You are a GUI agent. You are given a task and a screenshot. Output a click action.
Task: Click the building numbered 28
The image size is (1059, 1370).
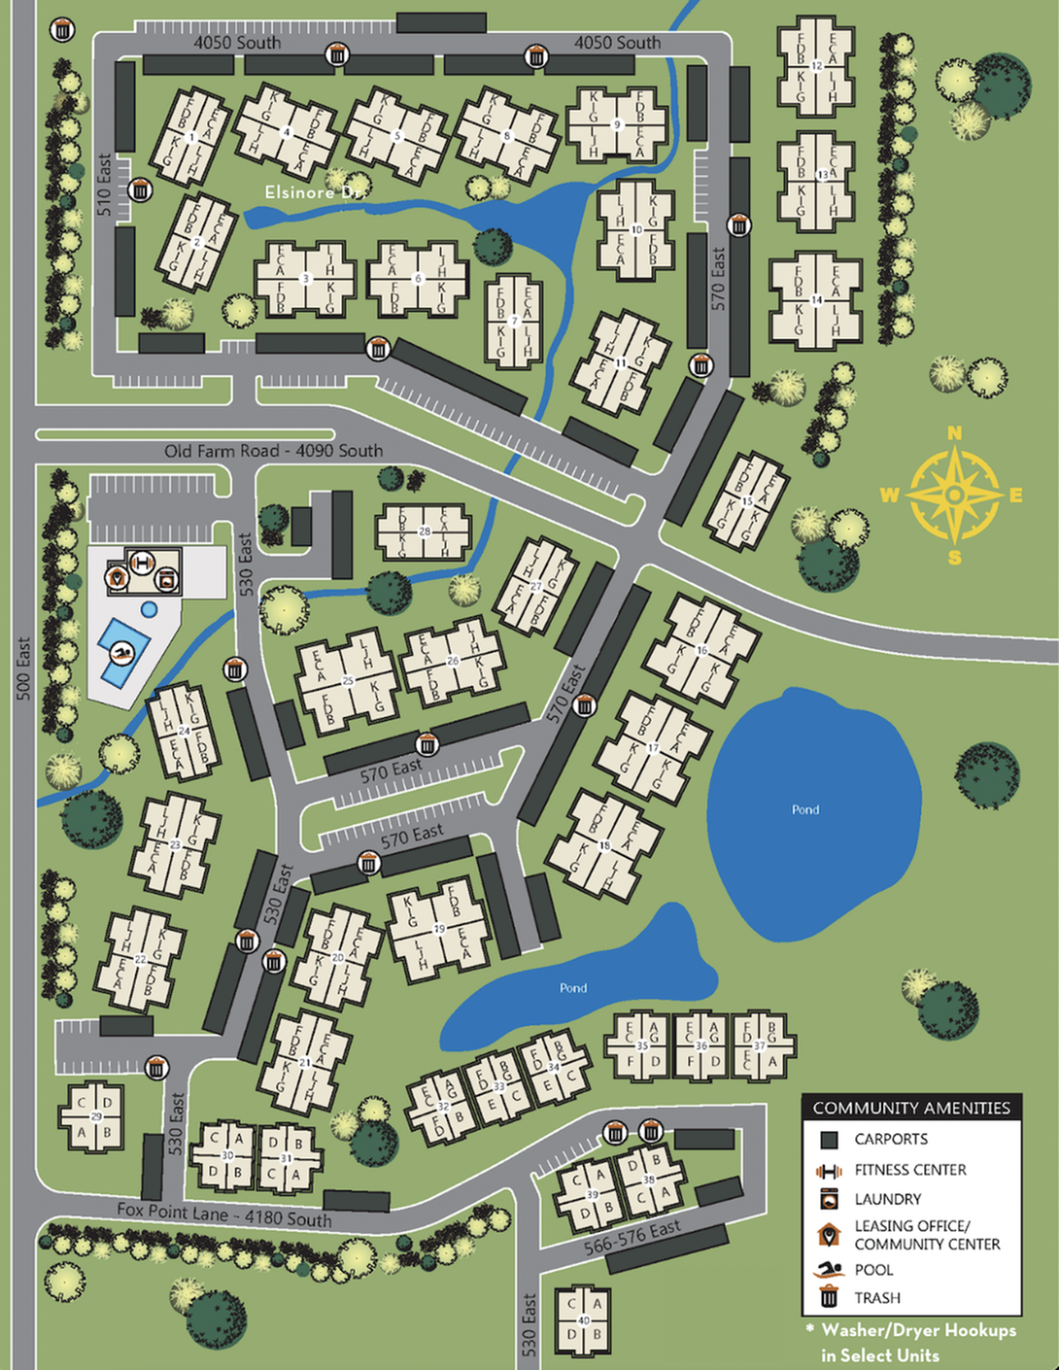pyautogui.click(x=425, y=531)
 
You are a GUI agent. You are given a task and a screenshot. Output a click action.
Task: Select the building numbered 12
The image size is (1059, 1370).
pyautogui.click(x=816, y=66)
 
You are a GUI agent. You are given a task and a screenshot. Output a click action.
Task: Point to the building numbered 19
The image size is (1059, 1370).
pyautogui.click(x=439, y=928)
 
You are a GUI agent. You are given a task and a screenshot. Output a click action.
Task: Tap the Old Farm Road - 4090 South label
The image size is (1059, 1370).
pyautogui.click(x=273, y=451)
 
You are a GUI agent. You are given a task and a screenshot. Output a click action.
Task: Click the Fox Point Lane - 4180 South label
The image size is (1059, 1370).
pyautogui.click(x=224, y=1214)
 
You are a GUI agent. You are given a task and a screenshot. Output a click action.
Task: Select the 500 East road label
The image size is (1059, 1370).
pyautogui.click(x=24, y=668)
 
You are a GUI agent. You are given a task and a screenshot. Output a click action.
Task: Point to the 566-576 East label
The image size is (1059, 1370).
pyautogui.click(x=632, y=1238)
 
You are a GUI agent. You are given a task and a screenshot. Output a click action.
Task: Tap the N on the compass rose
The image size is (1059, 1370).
pyautogui.click(x=954, y=433)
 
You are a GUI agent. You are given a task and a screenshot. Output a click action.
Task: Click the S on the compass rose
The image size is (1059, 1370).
pyautogui.click(x=955, y=557)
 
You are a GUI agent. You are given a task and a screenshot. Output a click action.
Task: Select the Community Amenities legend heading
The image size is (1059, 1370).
pyautogui.click(x=911, y=1108)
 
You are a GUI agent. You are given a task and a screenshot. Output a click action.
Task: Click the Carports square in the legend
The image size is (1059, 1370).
pyautogui.click(x=829, y=1140)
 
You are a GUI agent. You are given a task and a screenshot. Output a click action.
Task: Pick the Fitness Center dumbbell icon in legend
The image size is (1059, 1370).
pyautogui.click(x=828, y=1170)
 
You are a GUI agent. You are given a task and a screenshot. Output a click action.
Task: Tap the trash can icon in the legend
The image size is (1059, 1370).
pyautogui.click(x=829, y=1296)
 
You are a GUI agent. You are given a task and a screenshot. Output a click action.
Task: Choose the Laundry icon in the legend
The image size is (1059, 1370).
pyautogui.click(x=829, y=1198)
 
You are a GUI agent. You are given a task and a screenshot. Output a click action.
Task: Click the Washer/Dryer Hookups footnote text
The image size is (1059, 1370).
pyautogui.click(x=911, y=1342)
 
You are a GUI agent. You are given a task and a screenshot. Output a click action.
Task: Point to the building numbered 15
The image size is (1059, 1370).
pyautogui.click(x=746, y=501)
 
